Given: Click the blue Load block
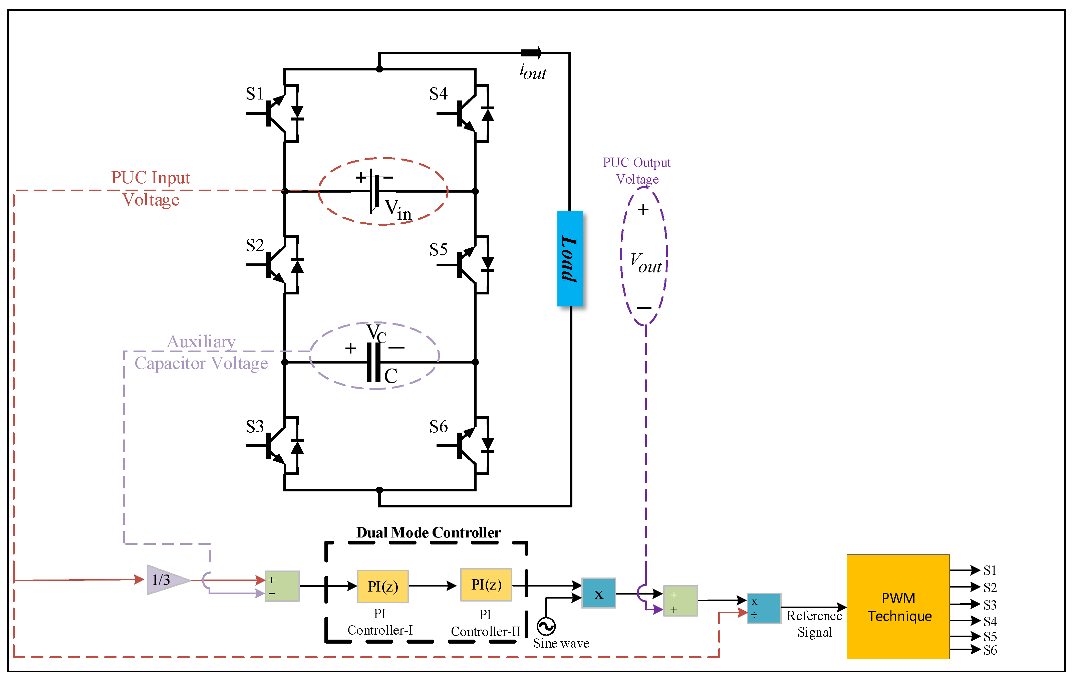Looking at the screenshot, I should pos(570,258).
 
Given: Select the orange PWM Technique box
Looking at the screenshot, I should pos(898,607).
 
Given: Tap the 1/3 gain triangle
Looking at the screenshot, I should pos(165,580).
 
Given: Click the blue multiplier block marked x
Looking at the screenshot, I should pos(598,593).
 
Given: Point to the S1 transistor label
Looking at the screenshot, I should pos(255,93).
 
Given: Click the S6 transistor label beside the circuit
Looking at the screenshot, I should pos(438,427).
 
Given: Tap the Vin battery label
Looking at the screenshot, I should pos(397,209).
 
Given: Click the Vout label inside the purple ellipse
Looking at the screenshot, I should pos(645,263).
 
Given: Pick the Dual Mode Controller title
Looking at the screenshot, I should pos(428,532).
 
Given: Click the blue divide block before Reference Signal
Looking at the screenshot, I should pos(764,608).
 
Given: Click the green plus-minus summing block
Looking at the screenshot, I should pos(282,586).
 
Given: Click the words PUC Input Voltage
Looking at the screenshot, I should pos(151,188).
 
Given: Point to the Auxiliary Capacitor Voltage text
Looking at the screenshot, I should pos(201,353).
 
